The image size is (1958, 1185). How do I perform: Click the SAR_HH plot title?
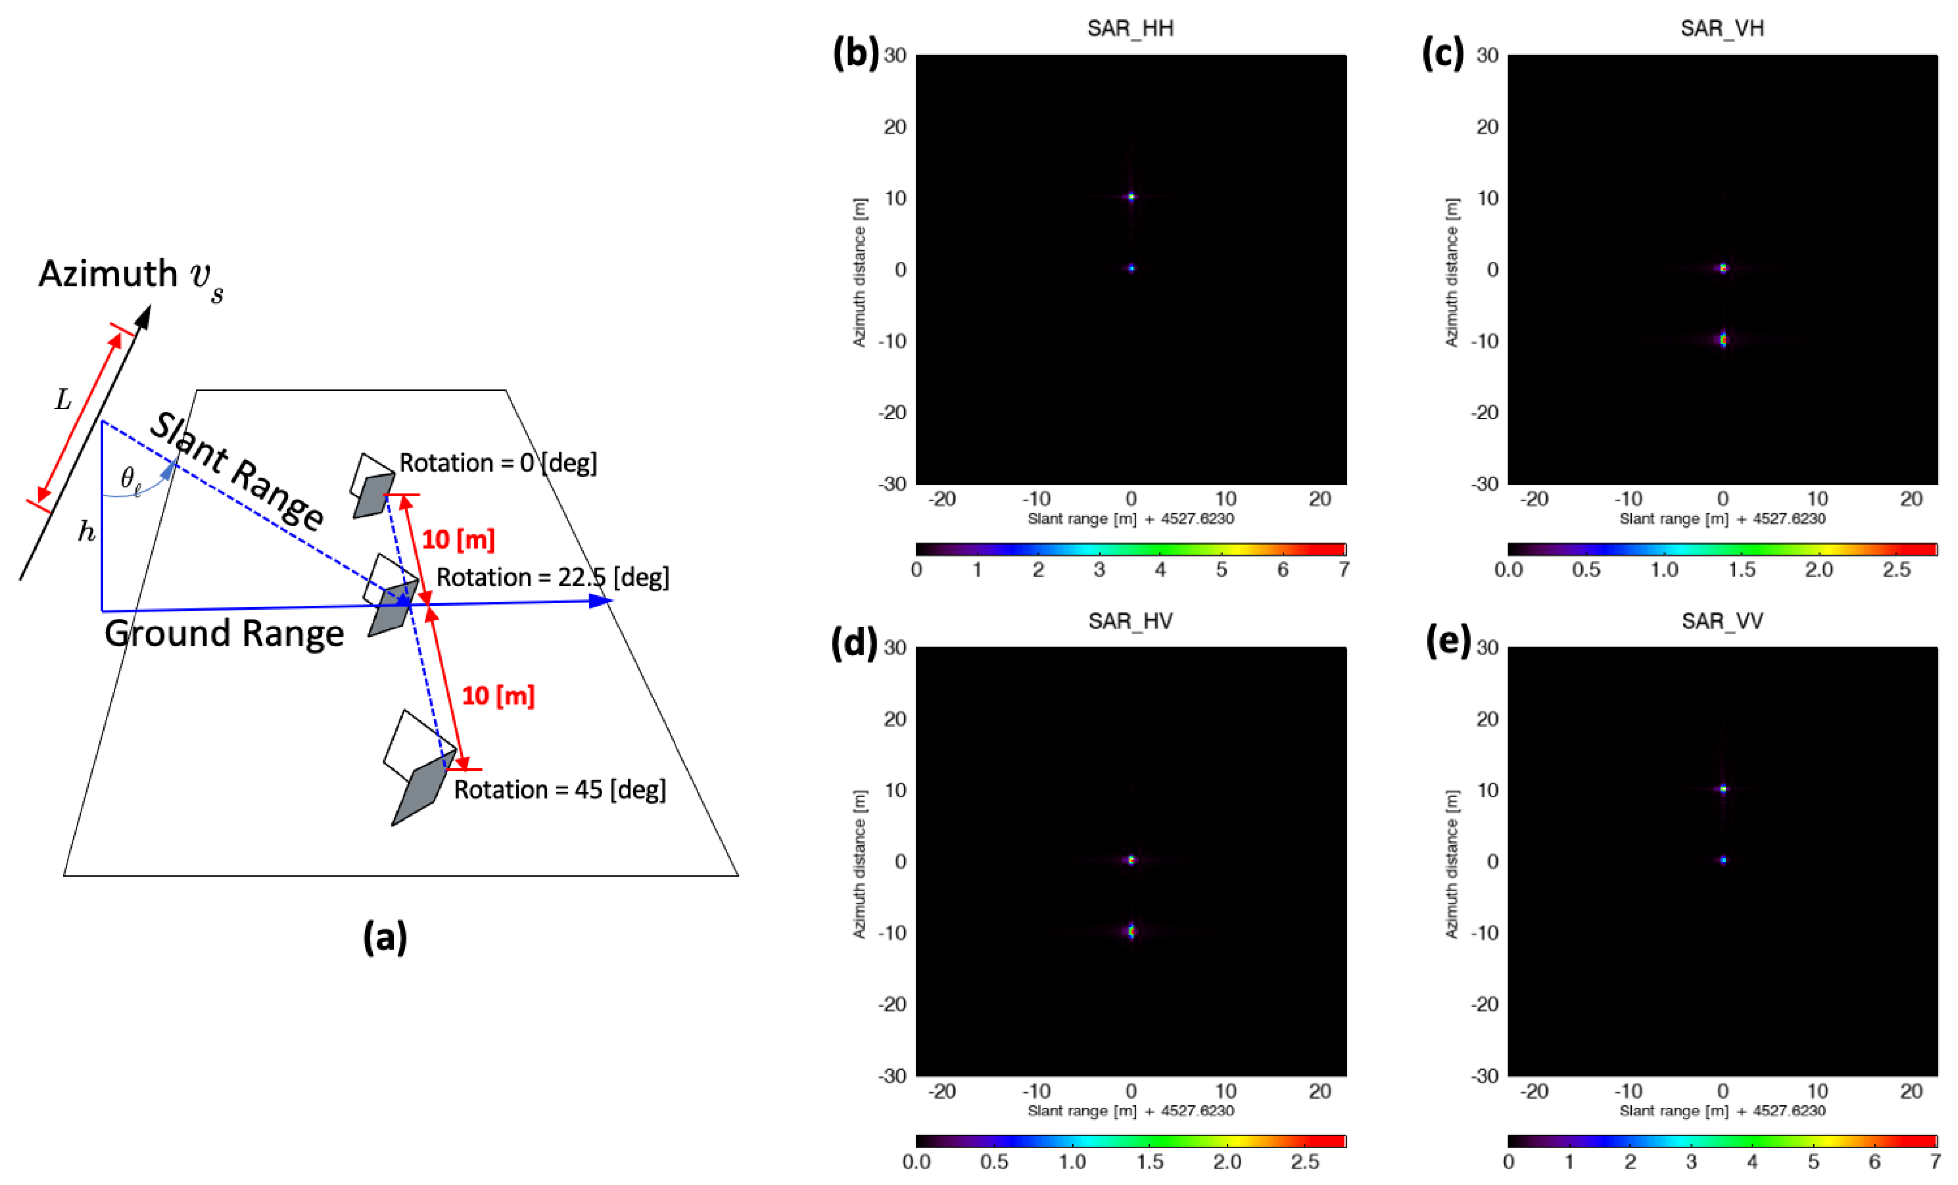click(x=1130, y=29)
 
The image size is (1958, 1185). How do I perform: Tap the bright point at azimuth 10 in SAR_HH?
click(x=1131, y=196)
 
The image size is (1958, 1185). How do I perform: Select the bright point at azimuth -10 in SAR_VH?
click(x=1723, y=340)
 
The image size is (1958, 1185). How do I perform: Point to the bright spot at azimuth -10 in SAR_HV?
click(x=1131, y=931)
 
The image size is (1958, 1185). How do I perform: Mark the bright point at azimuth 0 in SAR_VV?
click(x=1723, y=860)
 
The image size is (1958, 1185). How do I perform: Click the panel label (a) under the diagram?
click(x=385, y=937)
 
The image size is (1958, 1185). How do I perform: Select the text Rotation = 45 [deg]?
click(x=559, y=789)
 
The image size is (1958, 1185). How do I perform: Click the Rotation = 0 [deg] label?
click(x=497, y=463)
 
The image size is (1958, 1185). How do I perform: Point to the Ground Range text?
click(x=224, y=633)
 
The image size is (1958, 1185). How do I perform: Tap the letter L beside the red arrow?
click(x=63, y=400)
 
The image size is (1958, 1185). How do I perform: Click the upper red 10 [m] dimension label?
click(x=458, y=540)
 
